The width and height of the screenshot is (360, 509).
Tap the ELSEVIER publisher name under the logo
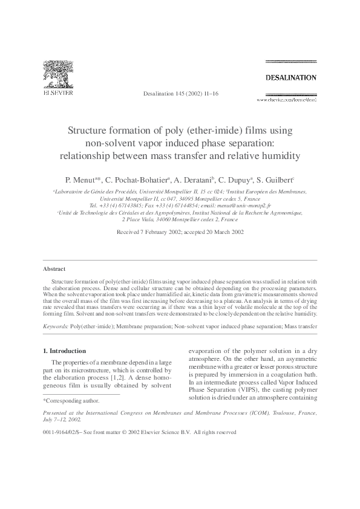pyautogui.click(x=58, y=94)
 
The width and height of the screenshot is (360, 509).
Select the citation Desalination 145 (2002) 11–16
pyautogui.click(x=180, y=95)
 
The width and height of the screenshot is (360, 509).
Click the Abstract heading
pyautogui.click(x=54, y=268)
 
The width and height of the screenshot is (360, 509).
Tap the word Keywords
pyautogui.click(x=56, y=326)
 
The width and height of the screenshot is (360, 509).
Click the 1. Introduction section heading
pyautogui.click(x=65, y=351)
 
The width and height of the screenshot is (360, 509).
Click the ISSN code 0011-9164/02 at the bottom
pyautogui.click(x=64, y=432)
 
